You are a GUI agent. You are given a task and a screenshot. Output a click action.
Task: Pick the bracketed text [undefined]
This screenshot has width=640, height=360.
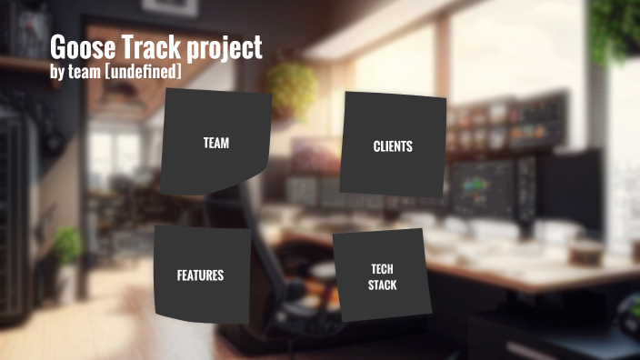[145, 72]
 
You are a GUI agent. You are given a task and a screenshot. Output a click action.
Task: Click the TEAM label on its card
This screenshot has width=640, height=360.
[215, 143]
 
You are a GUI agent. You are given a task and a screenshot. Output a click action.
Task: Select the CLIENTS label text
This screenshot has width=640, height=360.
[393, 145]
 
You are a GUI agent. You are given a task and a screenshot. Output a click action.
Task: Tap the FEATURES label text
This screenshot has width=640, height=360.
[200, 275]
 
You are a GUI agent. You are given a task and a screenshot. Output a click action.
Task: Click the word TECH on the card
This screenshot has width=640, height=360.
[382, 269]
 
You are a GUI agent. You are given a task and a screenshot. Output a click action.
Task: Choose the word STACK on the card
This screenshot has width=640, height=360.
[382, 285]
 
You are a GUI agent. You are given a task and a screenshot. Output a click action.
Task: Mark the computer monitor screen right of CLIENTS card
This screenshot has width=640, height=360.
[482, 186]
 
